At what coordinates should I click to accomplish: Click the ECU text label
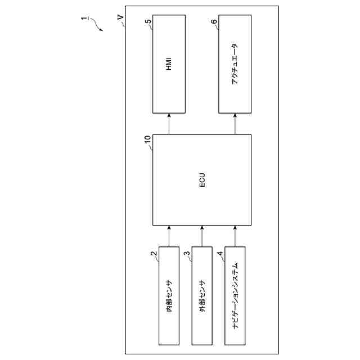(x=202, y=180)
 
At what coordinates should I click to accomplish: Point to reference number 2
(x=153, y=253)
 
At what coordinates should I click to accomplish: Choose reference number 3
(x=187, y=253)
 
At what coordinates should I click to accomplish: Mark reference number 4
(x=220, y=253)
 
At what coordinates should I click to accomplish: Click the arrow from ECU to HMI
(x=169, y=124)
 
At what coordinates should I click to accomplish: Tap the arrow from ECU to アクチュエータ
(x=235, y=124)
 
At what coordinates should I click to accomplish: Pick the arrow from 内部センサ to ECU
(x=169, y=236)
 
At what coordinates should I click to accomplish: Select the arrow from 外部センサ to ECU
(x=202, y=236)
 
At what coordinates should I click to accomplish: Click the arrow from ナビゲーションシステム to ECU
(x=235, y=236)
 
